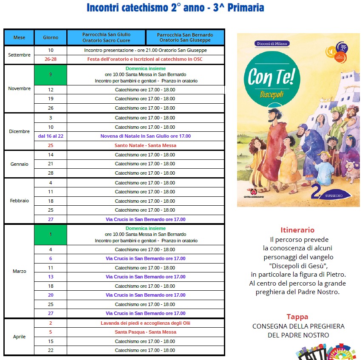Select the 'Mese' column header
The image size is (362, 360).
click(19, 37)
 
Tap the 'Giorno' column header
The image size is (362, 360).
click(51, 37)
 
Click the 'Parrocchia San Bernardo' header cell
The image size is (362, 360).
click(185, 37)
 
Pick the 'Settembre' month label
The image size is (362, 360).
click(19, 55)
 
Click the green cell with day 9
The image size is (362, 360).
click(51, 75)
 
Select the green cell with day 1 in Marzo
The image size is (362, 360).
click(51, 235)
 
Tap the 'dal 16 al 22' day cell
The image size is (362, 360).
click(51, 136)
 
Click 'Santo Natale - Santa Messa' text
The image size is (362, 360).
click(145, 145)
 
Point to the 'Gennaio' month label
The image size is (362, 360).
click(19, 164)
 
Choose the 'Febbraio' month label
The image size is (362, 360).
click(19, 201)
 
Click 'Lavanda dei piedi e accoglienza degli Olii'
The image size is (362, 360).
click(145, 323)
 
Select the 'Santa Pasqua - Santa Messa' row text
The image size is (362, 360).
click(145, 332)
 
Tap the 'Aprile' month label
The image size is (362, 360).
click(19, 337)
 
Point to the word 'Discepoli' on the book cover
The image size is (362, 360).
click(272, 95)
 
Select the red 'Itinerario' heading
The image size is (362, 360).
click(297, 230)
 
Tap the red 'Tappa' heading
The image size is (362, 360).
click(297, 317)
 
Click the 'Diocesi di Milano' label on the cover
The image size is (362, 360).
click(271, 43)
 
